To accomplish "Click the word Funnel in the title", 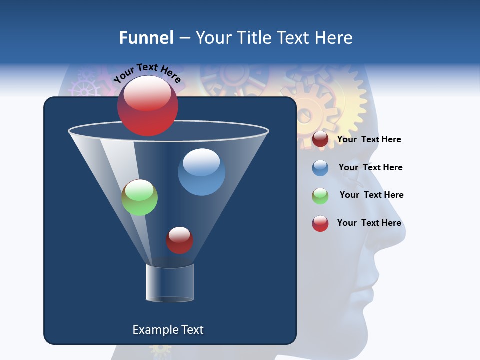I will (146, 38).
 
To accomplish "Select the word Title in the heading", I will (254, 38).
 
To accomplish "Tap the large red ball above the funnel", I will (147, 106).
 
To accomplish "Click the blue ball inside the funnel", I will (201, 172).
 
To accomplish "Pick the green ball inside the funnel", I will (139, 197).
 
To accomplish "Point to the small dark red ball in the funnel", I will (179, 240).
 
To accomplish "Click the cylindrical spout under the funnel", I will (170, 283).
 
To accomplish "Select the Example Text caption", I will (168, 330).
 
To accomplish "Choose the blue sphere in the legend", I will (320, 168).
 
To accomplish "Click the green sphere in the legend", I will (320, 196).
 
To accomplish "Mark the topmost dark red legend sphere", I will (320, 139).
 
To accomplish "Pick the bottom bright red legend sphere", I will (320, 223).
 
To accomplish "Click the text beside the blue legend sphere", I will (370, 167).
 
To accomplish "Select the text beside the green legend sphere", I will (371, 195).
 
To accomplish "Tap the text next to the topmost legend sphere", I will (369, 139).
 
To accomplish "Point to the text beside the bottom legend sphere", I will (369, 223).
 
